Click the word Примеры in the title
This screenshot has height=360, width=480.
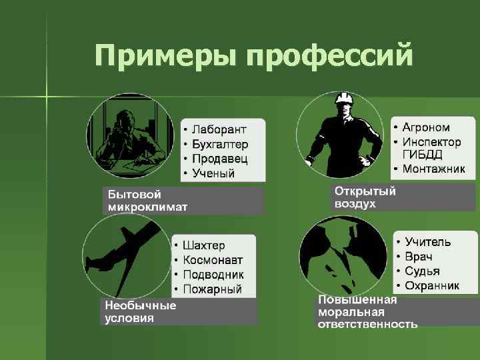[x=166, y=56]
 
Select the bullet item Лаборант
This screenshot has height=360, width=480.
[x=219, y=129]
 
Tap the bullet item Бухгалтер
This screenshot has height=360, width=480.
[x=220, y=143]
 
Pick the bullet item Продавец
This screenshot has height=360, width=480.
[x=219, y=159]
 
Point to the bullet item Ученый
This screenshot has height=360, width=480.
[x=213, y=173]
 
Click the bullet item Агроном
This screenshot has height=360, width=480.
[x=426, y=127]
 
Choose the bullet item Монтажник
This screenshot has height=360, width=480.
[x=433, y=169]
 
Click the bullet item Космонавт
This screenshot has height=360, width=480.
[x=213, y=260]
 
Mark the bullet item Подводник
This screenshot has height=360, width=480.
[x=213, y=275]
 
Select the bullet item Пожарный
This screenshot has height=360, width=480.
[x=212, y=289]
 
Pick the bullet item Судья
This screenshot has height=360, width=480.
[x=422, y=271]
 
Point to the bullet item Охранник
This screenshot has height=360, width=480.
[x=432, y=286]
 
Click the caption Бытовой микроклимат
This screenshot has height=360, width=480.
[x=148, y=200]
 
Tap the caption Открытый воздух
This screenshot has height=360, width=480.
[x=365, y=197]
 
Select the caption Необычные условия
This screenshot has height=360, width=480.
[x=141, y=311]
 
